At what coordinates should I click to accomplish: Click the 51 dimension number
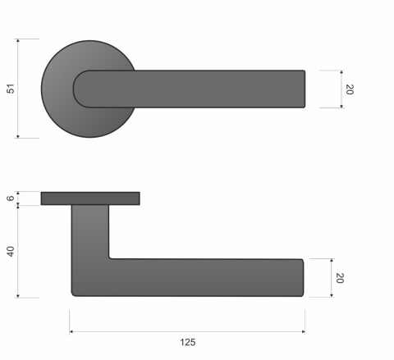[x=11, y=89]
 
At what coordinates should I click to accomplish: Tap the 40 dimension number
[x=11, y=251]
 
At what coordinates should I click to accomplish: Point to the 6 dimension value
[x=11, y=198]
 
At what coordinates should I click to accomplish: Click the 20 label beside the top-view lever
[x=349, y=89]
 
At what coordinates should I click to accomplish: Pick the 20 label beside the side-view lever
[x=339, y=278]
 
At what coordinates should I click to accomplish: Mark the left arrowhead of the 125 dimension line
[x=72, y=331]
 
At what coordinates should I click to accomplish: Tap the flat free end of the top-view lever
[x=304, y=89]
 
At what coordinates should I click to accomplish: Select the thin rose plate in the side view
[x=90, y=198]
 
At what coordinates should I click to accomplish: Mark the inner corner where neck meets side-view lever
[x=110, y=258]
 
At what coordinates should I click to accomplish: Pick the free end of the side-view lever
[x=302, y=278]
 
